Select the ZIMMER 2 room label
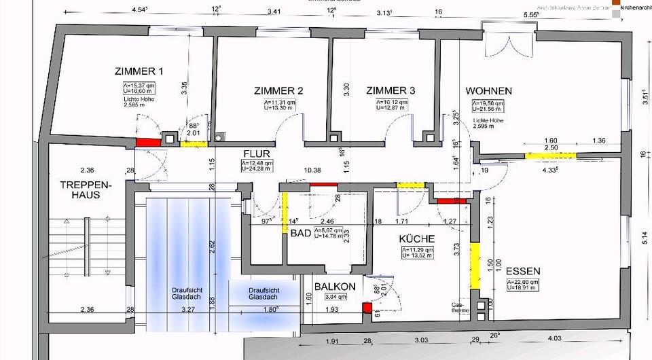point(278,91)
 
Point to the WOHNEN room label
point(488,91)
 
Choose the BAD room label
point(300,233)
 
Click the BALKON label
point(335,287)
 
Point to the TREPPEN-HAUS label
point(79,190)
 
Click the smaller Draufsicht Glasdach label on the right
point(262,293)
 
